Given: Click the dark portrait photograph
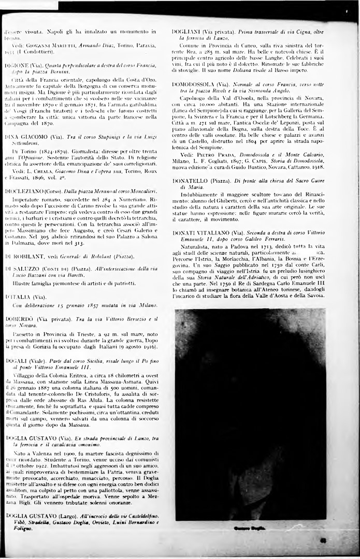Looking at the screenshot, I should click(x=250, y=414).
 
